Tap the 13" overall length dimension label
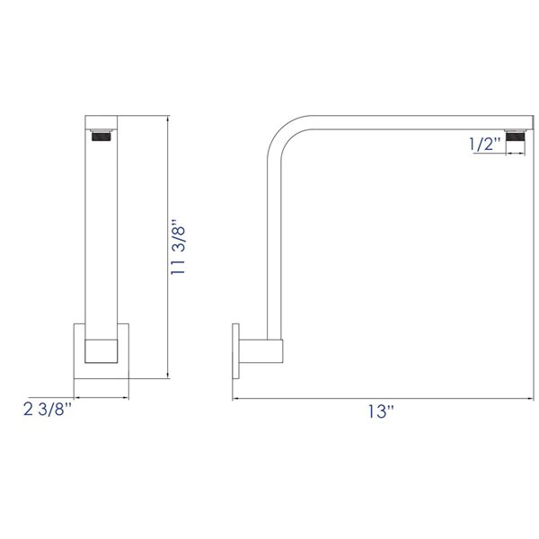[380, 412]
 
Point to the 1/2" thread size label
[485, 144]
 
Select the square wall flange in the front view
[102, 349]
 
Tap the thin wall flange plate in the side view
[236, 348]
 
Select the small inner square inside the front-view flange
[101, 350]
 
